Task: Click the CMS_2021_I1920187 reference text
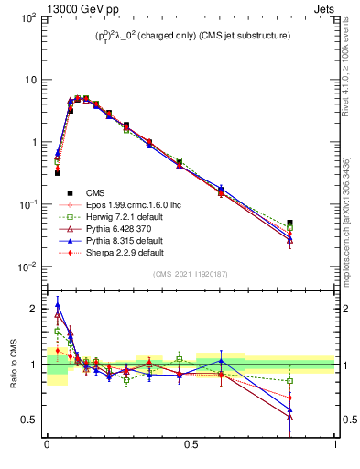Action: (191, 274)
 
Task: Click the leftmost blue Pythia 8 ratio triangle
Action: (58, 306)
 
